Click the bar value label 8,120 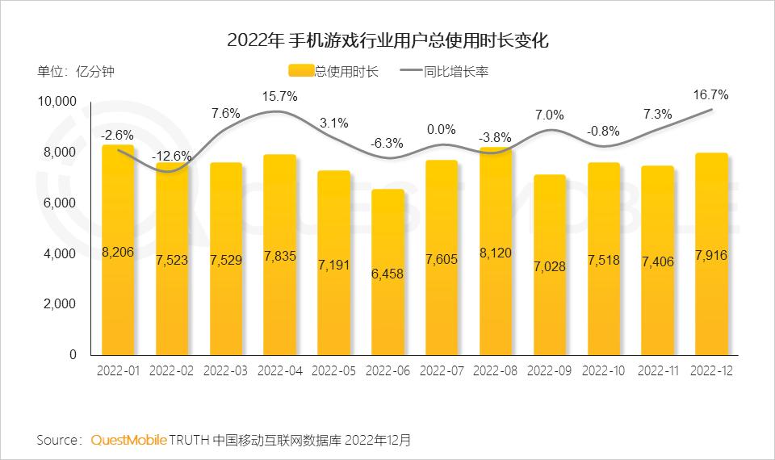(x=495, y=253)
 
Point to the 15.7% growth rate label (x=279, y=97)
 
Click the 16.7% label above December (x=710, y=95)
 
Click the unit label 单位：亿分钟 (x=76, y=71)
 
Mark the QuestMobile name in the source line (x=129, y=440)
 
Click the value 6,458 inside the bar (x=387, y=274)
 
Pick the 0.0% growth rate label (x=441, y=129)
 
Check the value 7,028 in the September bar (x=549, y=266)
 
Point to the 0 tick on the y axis (x=73, y=354)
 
